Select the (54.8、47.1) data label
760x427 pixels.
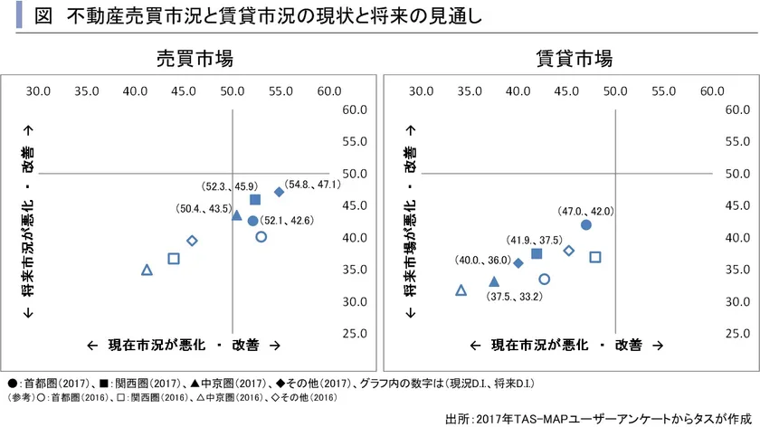[312, 184]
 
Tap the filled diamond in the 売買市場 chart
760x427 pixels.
[280, 192]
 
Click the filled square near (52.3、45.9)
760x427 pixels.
[255, 200]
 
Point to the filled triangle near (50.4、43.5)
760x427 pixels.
[237, 215]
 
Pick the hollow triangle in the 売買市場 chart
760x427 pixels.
[147, 270]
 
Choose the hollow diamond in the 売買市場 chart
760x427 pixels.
[192, 241]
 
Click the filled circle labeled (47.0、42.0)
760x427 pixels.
[585, 224]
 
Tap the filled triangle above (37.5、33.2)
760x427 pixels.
[493, 281]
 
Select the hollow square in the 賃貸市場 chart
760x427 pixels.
[595, 257]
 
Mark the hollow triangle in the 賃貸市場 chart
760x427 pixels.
[461, 290]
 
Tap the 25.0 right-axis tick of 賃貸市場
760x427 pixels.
[735, 333]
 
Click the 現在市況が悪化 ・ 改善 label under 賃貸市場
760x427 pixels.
[567, 345]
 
